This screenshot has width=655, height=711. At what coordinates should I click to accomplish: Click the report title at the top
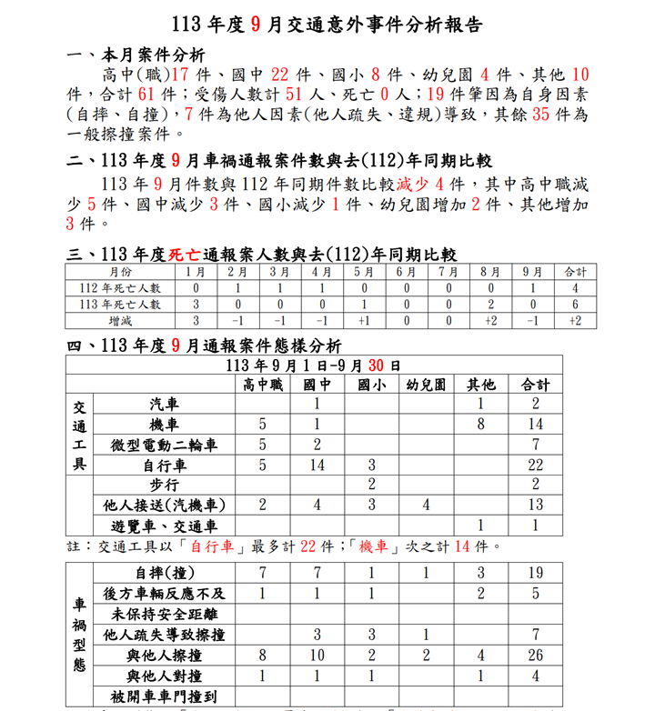click(x=327, y=25)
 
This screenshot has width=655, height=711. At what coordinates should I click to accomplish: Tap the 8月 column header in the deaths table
click(x=490, y=272)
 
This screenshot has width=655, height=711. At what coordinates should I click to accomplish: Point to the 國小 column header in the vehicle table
click(x=371, y=385)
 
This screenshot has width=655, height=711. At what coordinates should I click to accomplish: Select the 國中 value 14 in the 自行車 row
click(x=317, y=466)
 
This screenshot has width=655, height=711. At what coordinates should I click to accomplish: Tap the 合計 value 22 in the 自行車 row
click(x=536, y=466)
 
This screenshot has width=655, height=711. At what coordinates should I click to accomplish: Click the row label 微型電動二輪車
click(x=164, y=446)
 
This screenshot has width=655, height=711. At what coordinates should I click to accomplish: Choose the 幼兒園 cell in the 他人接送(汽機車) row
click(x=426, y=505)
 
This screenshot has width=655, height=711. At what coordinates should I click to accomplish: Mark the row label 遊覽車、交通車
click(x=164, y=526)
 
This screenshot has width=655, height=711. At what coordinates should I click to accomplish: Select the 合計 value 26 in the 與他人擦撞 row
click(x=536, y=656)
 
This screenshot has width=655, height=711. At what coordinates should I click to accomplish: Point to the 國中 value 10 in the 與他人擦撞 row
click(x=317, y=656)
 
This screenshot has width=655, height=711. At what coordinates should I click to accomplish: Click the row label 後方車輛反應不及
click(x=164, y=594)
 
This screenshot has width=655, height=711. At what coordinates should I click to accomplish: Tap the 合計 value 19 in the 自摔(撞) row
click(x=536, y=573)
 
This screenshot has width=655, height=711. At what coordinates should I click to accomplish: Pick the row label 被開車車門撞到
click(x=164, y=696)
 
